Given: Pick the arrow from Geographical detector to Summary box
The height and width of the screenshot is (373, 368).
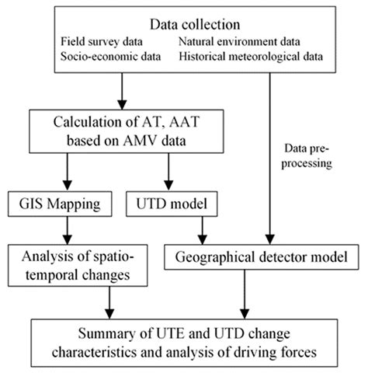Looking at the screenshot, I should pos(245,296).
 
